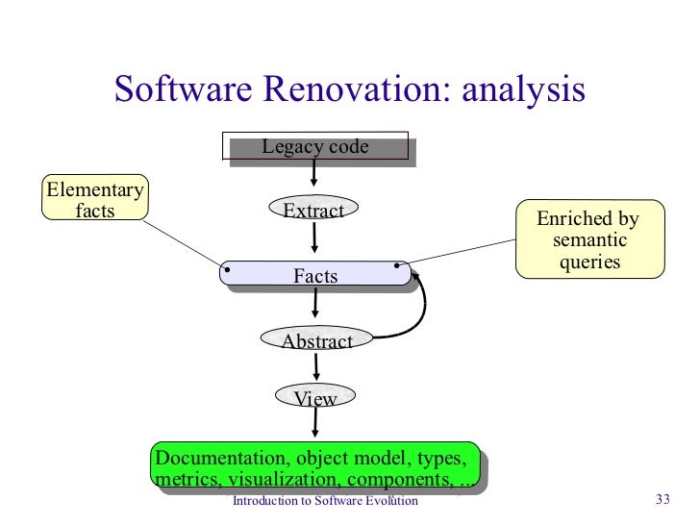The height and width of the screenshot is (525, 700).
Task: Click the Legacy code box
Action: [x=316, y=147]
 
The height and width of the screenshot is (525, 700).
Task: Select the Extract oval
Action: [x=313, y=210]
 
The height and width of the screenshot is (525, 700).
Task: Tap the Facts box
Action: [x=315, y=275]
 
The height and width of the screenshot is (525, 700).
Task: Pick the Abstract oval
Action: [x=316, y=340]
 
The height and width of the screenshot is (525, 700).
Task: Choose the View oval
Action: [x=314, y=398]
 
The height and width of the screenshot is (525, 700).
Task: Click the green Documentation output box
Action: [x=315, y=468]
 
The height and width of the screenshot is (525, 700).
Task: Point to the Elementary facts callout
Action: [x=94, y=199]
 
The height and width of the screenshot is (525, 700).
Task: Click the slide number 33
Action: [x=662, y=500]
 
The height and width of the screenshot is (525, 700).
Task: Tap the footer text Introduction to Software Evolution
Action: [x=326, y=501]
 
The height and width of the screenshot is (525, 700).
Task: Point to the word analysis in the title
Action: [x=523, y=89]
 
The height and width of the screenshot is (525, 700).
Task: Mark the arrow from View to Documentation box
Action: [x=315, y=429]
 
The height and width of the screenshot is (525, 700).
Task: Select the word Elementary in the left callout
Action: [x=94, y=188]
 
